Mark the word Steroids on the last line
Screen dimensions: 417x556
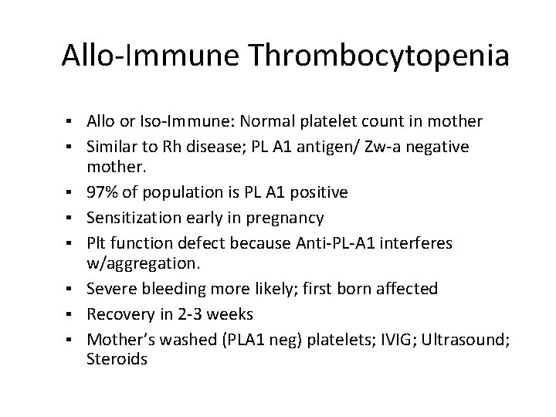pyautogui.click(x=117, y=360)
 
